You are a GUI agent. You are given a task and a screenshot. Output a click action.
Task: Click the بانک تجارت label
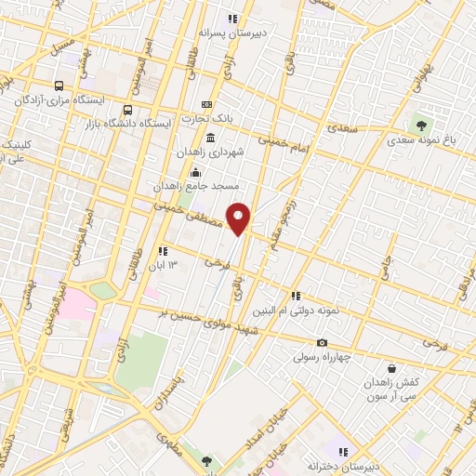[206, 118]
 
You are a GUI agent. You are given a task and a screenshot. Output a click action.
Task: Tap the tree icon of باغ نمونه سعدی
[422, 125]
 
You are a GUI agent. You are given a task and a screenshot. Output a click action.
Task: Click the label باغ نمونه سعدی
[424, 140]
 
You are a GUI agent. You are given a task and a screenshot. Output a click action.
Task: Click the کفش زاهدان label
[401, 384]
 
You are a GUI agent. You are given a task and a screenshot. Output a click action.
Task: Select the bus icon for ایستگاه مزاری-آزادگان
[59, 84]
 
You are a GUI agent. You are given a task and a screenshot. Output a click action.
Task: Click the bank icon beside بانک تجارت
[206, 104]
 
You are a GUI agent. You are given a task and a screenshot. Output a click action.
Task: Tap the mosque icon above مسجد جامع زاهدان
[195, 172]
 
